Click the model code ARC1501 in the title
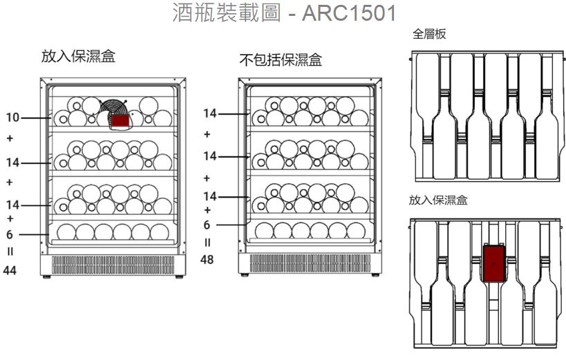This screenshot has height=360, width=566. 349,12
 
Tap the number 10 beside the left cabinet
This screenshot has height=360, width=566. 12,117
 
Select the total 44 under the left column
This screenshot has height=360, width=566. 10,269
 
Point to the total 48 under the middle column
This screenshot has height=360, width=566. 207,259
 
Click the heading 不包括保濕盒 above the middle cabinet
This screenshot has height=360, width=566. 281,60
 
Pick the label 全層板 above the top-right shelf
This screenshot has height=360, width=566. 429,34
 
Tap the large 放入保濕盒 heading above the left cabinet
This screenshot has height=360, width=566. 78,56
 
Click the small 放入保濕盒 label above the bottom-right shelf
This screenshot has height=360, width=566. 438,200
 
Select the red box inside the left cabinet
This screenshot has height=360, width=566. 120,121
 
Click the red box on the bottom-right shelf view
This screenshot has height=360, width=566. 494,263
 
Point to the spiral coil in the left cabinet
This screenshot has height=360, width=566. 113,108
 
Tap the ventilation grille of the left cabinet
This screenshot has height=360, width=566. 113,265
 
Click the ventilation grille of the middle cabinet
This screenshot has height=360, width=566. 310,263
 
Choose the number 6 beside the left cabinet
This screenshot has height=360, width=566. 10,234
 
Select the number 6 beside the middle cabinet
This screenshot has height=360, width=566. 207,225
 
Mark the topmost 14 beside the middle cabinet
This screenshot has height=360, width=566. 209,113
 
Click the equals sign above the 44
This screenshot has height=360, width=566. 10,252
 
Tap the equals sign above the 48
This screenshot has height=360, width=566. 207,243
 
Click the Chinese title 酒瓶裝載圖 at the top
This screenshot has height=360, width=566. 227,12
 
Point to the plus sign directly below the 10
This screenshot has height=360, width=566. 10,138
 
